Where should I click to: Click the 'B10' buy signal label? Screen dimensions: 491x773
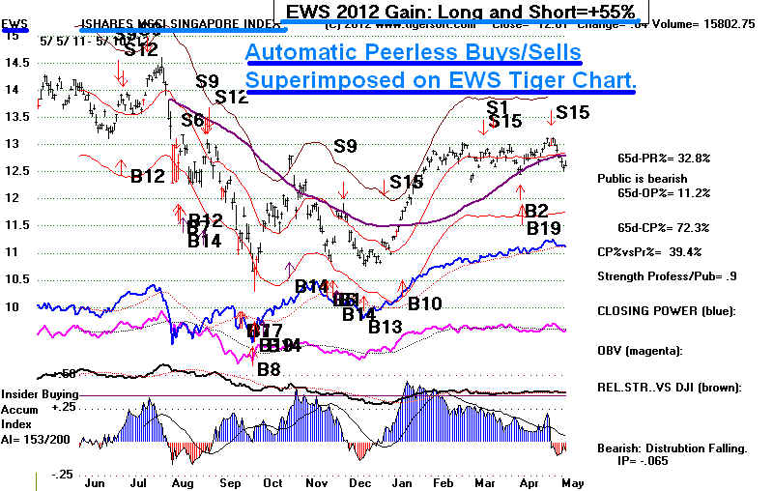(x=425, y=303)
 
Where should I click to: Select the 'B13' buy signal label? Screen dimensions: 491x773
(x=385, y=327)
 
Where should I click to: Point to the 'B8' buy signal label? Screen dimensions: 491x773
(x=269, y=367)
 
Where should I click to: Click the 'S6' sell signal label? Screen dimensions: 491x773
(x=192, y=120)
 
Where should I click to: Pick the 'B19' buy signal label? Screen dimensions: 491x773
(x=544, y=228)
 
